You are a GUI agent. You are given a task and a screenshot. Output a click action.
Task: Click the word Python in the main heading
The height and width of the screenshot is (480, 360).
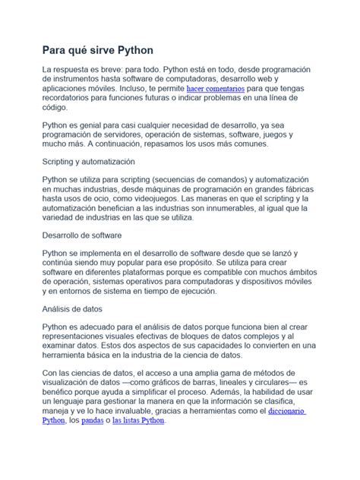pos(134,51)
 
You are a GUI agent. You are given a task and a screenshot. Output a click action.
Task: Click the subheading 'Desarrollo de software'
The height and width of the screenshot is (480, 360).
pos(81,235)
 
